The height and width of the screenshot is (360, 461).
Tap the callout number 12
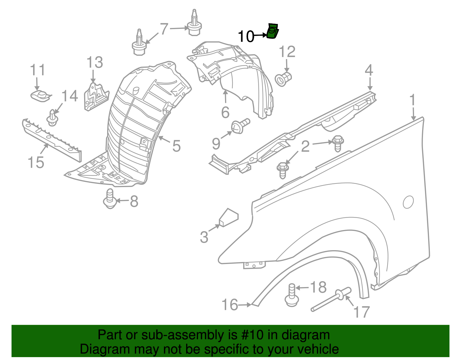click(287, 52)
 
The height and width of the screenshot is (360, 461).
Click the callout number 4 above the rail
click(369, 70)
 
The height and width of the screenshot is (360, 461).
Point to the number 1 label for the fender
click(413, 100)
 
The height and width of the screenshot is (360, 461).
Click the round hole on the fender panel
click(408, 202)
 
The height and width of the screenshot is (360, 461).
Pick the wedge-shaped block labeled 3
click(228, 218)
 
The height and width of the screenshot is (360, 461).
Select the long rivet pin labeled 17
click(331, 300)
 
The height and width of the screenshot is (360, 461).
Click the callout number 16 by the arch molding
click(230, 305)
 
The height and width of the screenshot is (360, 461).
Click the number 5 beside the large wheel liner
click(176, 146)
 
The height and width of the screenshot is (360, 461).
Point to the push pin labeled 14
click(52, 118)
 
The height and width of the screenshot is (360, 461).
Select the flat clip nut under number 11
click(41, 95)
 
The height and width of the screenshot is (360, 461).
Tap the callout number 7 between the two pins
click(164, 29)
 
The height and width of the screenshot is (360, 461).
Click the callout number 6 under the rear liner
click(225, 112)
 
